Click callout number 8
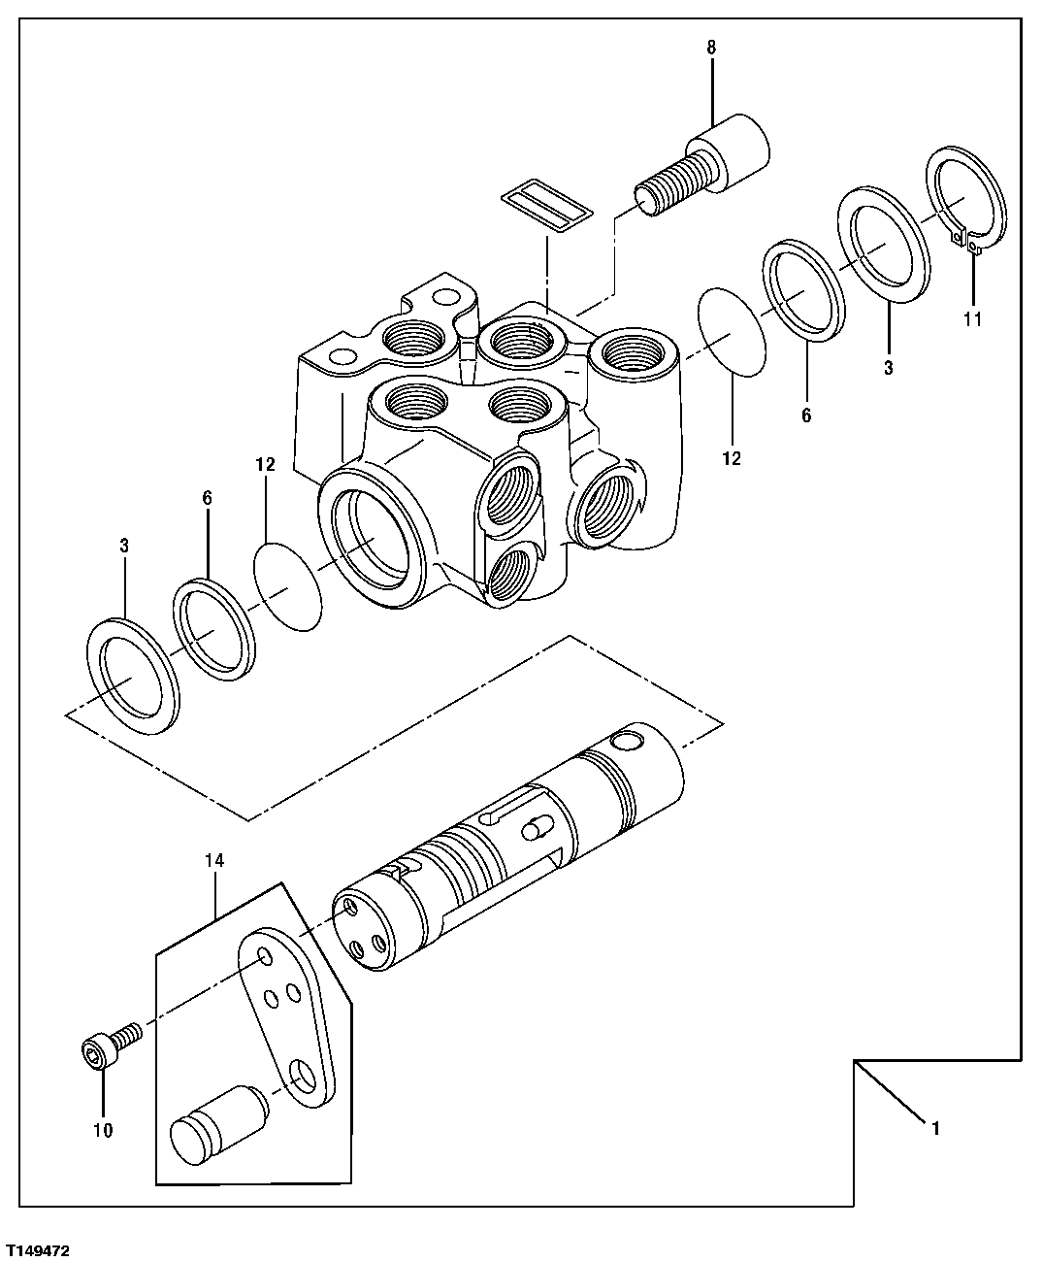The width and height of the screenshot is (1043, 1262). coord(713,46)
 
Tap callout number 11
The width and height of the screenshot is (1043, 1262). coord(972,318)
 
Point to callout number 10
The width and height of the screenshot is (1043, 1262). coord(102,1130)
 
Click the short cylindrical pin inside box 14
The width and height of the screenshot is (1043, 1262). coord(216,1123)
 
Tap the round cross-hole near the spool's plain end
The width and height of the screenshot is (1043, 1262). coord(628,741)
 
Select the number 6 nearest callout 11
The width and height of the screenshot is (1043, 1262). coord(805,415)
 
